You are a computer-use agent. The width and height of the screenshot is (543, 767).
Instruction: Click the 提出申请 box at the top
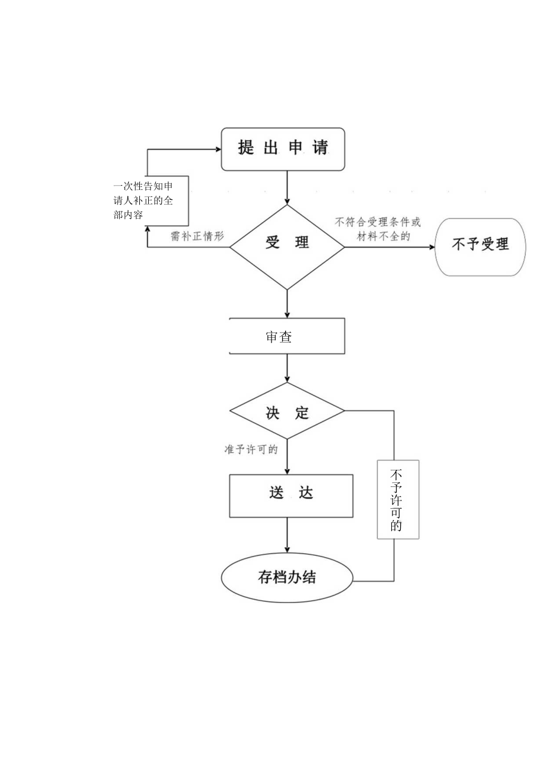point(283,149)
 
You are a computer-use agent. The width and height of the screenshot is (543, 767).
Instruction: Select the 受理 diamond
point(287,247)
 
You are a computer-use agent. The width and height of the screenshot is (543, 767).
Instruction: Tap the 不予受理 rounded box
point(480,246)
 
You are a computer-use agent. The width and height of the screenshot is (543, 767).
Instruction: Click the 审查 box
point(287,337)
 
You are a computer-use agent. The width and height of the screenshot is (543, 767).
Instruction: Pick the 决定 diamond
point(287,412)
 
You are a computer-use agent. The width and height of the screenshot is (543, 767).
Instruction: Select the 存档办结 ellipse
point(287,577)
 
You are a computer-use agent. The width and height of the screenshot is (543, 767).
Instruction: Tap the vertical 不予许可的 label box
point(398,499)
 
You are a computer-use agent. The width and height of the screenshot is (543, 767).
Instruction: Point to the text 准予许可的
point(251,450)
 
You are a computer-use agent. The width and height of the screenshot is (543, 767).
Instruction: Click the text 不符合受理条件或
point(378,223)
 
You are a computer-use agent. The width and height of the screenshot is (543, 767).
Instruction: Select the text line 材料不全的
point(384,236)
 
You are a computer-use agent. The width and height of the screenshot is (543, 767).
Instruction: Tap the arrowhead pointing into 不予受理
point(430,247)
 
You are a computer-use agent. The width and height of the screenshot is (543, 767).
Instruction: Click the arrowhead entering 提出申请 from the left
point(216,149)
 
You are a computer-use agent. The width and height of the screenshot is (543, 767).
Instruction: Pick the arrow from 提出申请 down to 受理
point(287,187)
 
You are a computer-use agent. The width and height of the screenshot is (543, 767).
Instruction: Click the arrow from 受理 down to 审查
point(287,304)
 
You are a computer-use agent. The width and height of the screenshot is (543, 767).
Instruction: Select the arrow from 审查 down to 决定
point(287,368)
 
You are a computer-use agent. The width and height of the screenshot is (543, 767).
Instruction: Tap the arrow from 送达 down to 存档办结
point(287,536)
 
